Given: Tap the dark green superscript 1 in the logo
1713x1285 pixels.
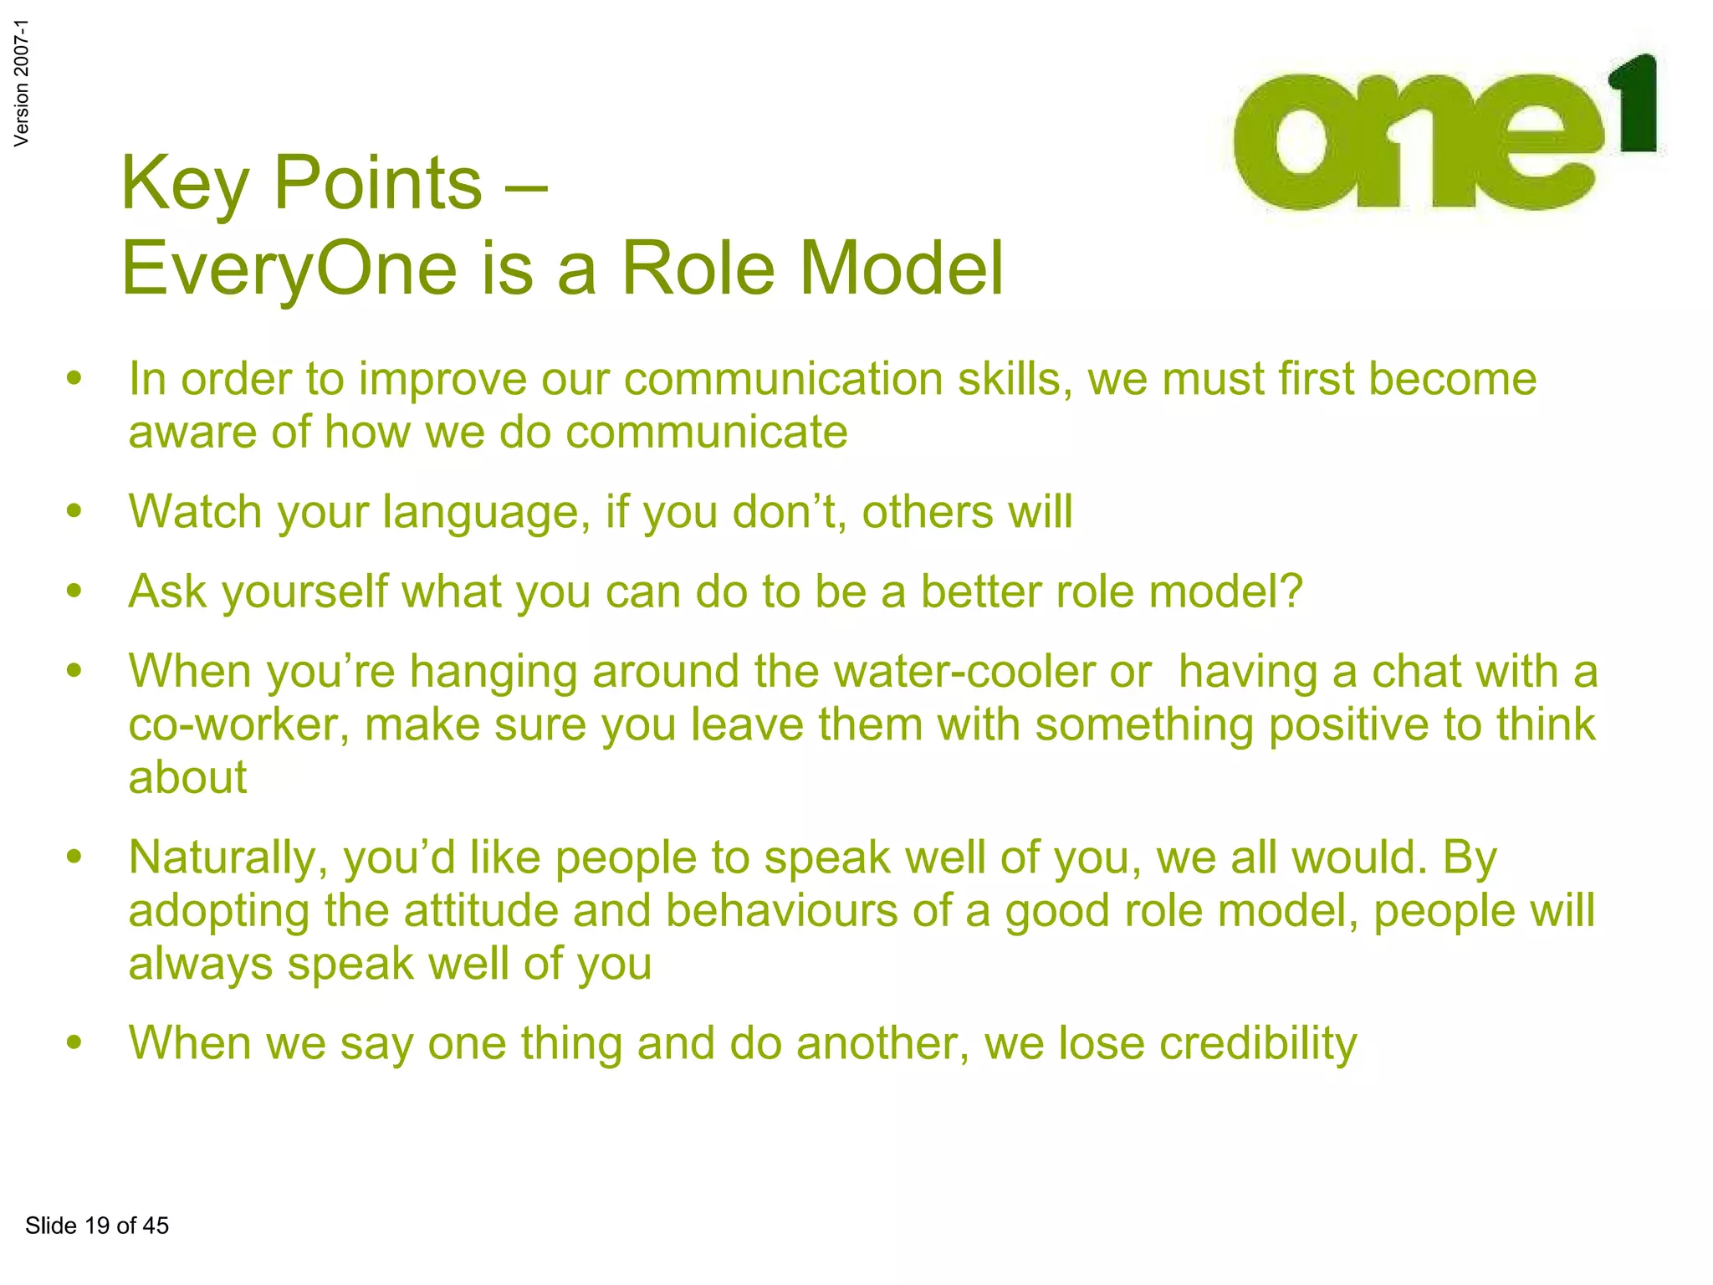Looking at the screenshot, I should [x=1636, y=105].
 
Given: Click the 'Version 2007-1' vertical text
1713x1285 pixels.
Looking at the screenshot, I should [x=22, y=83].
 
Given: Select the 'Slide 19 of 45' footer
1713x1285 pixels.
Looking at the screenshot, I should [x=97, y=1226].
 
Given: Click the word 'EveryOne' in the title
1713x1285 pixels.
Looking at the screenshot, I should [x=289, y=269].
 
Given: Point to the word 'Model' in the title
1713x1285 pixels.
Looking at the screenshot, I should [x=902, y=269].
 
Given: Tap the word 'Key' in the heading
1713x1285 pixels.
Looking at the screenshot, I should [x=184, y=184].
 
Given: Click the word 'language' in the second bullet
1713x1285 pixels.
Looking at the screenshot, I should [x=480, y=512].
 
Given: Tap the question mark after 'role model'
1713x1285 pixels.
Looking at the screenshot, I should [x=1291, y=591].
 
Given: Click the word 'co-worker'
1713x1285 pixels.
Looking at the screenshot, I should [x=239, y=724].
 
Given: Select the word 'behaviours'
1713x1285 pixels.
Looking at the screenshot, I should [x=781, y=910].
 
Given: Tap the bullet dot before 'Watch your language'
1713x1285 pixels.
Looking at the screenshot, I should [x=75, y=510].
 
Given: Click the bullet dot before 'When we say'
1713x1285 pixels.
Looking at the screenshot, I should [x=75, y=1042].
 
